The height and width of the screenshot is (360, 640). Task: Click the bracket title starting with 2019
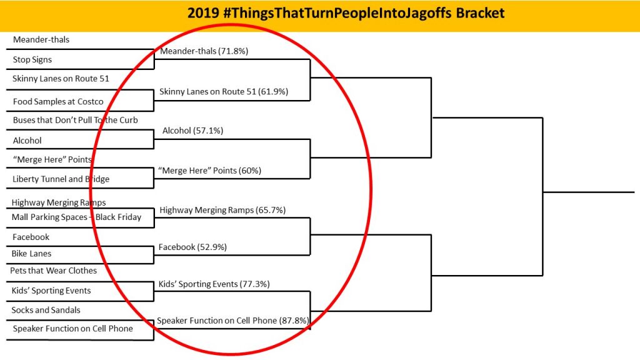point(346,13)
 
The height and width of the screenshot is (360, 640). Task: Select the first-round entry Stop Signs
point(32,59)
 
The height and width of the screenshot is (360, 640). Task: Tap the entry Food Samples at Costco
point(58,102)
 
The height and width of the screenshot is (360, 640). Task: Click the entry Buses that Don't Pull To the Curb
point(75,120)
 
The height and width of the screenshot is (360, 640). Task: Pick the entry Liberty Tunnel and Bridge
point(61,179)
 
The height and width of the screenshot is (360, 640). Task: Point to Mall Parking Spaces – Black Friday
point(76,217)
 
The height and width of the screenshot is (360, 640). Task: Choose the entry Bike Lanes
point(31,254)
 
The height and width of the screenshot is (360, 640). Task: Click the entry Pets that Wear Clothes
point(54,271)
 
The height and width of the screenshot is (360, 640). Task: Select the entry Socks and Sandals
point(46,310)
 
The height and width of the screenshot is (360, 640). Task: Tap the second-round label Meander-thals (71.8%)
point(204,51)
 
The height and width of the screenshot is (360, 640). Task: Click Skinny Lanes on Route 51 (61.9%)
point(224,91)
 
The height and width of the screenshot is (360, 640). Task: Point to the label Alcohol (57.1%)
point(192,131)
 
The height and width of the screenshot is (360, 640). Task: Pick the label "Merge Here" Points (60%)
point(209,171)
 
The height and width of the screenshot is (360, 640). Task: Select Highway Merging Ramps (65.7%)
point(222,210)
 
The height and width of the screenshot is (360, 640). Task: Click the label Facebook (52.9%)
point(192,247)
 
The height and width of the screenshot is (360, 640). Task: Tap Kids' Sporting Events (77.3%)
point(214,284)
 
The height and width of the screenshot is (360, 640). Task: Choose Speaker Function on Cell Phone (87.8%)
point(233,321)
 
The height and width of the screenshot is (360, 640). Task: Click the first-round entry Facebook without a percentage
point(31,237)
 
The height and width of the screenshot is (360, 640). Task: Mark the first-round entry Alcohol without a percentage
point(27,141)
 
